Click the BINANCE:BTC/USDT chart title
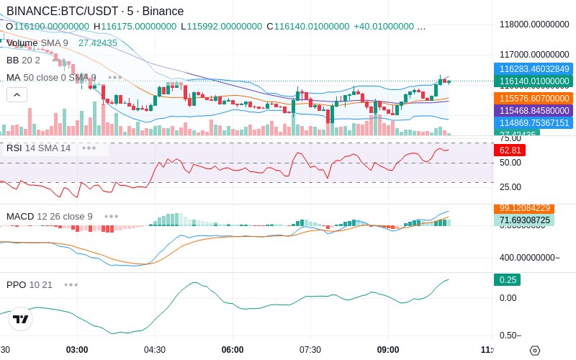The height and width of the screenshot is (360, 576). click(x=94, y=12)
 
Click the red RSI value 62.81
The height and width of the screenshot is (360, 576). click(x=510, y=150)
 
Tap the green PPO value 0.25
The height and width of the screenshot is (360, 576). click(x=507, y=280)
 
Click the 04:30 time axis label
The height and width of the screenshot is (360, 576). click(x=155, y=349)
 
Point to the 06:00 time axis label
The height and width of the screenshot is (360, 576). click(x=233, y=349)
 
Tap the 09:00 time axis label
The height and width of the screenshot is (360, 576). click(x=388, y=349)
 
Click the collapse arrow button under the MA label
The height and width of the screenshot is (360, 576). click(x=17, y=94)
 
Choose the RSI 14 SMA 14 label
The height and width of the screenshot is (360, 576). click(x=39, y=148)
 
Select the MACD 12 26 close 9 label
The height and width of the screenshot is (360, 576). click(x=50, y=216)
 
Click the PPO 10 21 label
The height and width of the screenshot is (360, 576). click(x=30, y=284)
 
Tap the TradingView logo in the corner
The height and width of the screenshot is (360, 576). click(x=21, y=319)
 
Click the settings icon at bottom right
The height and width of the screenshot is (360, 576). click(x=534, y=351)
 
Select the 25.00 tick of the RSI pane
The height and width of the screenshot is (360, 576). click(x=510, y=187)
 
